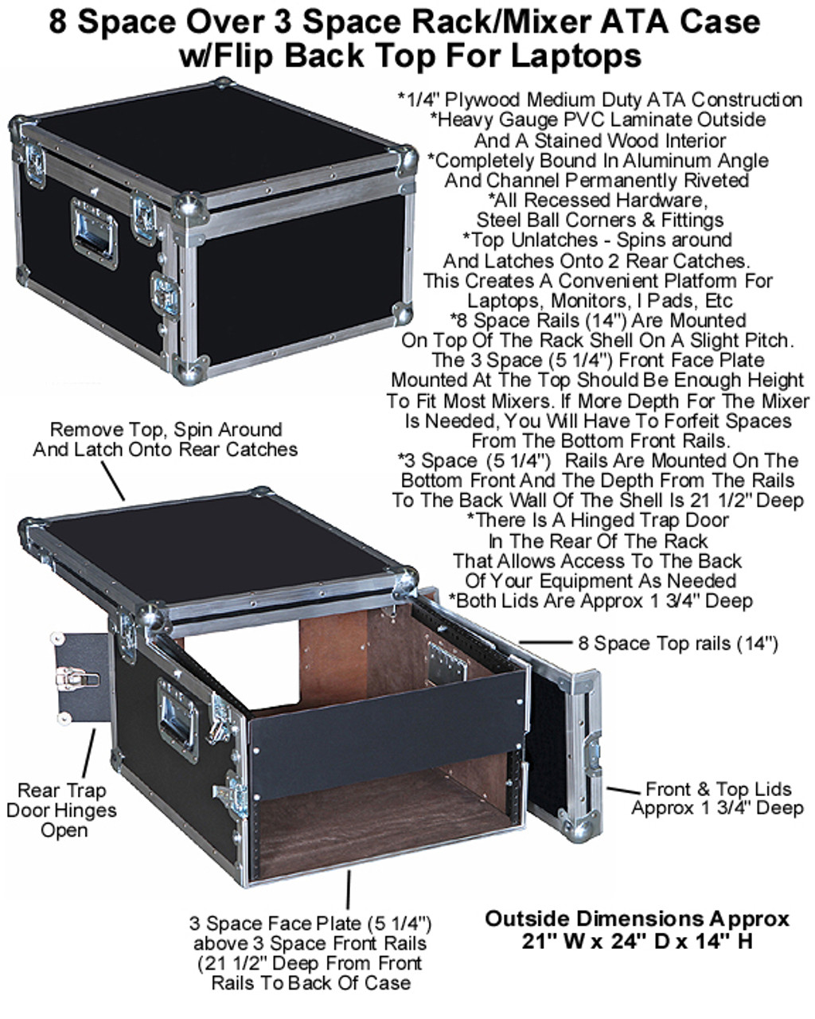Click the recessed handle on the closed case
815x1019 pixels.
pyautogui.click(x=94, y=233)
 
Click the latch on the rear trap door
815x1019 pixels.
pyautogui.click(x=77, y=678)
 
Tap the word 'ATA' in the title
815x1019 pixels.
pyautogui.click(x=634, y=21)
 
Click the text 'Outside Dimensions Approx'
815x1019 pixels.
pyautogui.click(x=637, y=918)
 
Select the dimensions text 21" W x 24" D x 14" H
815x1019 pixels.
pyautogui.click(x=637, y=941)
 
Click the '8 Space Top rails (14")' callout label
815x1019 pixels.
pyautogui.click(x=677, y=643)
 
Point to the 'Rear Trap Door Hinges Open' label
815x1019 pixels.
pyautogui.click(x=61, y=810)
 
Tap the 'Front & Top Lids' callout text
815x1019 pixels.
pyautogui.click(x=719, y=789)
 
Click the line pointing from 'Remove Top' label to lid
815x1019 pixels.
pyautogui.click(x=113, y=481)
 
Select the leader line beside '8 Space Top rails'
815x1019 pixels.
pyautogui.click(x=546, y=642)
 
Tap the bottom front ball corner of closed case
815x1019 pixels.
pyautogui.click(x=191, y=368)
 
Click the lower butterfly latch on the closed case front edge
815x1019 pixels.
pyautogui.click(x=166, y=293)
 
